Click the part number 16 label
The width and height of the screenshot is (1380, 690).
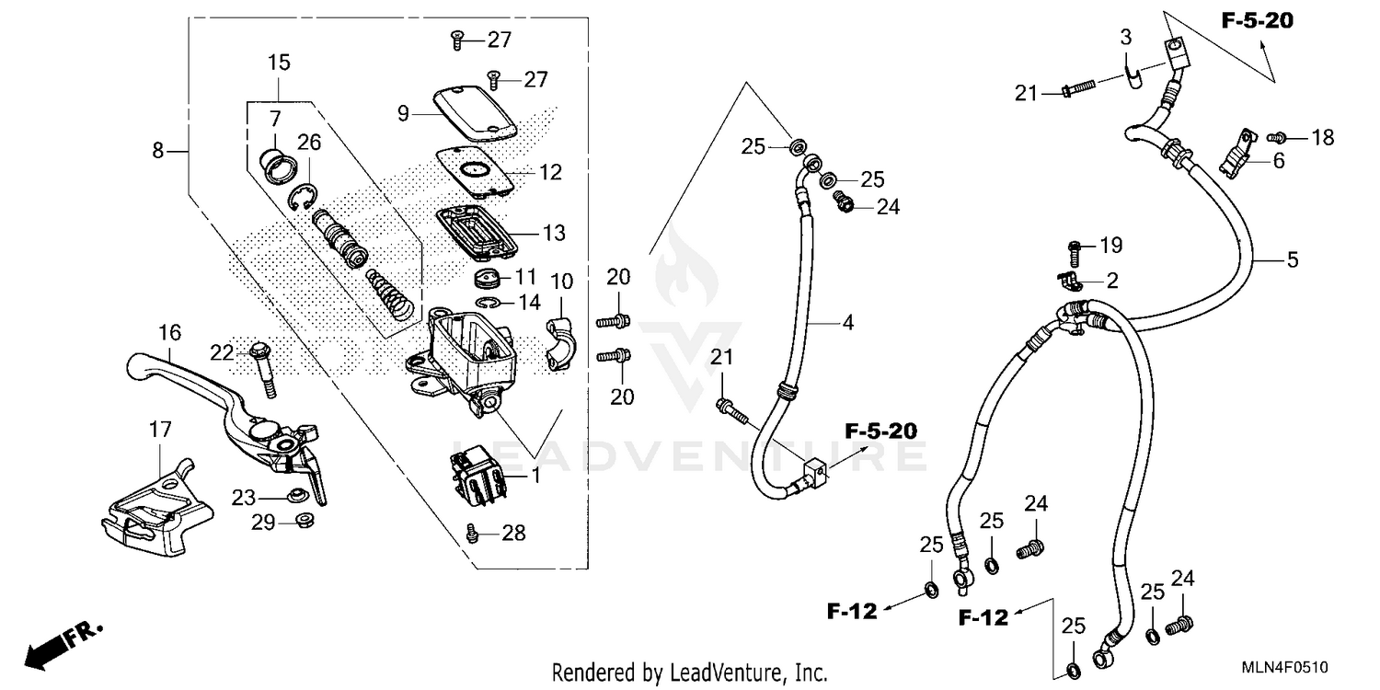point(169,331)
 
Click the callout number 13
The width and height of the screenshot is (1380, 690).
point(554,234)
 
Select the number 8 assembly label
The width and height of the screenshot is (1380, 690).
point(158,150)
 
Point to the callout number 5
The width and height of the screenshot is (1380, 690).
point(1293,261)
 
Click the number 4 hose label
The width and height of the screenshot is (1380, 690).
point(847,323)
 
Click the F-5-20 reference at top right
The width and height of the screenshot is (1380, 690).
point(1257,20)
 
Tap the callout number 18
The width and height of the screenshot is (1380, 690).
point(1322,138)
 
